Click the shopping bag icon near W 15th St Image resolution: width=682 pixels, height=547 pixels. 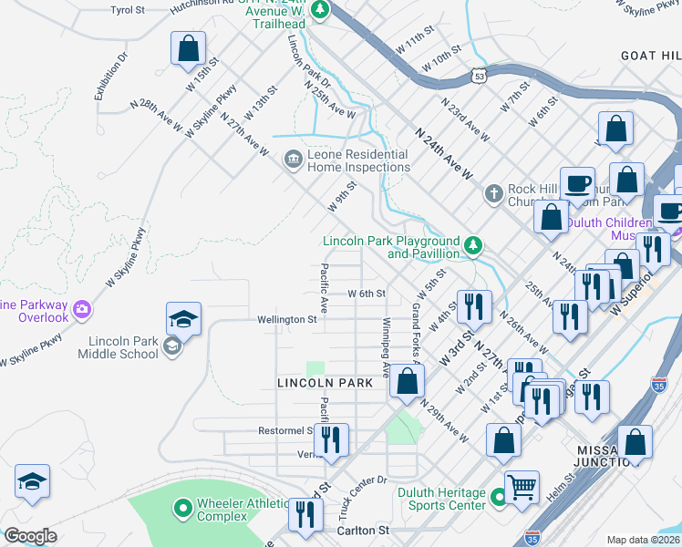[x=188, y=48]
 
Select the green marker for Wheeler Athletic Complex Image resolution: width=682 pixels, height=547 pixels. [x=182, y=507]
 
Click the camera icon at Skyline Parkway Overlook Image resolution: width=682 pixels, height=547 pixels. [x=83, y=309]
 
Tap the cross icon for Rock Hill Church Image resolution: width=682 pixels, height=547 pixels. [x=493, y=193]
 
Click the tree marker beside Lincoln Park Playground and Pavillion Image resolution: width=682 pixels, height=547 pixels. [x=473, y=245]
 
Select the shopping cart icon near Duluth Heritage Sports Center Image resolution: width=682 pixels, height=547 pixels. [x=522, y=488]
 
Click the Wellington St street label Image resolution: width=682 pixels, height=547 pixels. [x=285, y=320]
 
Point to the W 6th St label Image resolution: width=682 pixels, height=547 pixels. [x=367, y=294]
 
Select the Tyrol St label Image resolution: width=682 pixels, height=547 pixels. [x=128, y=9]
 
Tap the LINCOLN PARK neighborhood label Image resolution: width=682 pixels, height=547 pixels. [x=325, y=384]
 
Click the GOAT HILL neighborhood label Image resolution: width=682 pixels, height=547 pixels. [x=650, y=56]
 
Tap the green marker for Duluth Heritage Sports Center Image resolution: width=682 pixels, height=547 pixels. [x=498, y=498]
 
